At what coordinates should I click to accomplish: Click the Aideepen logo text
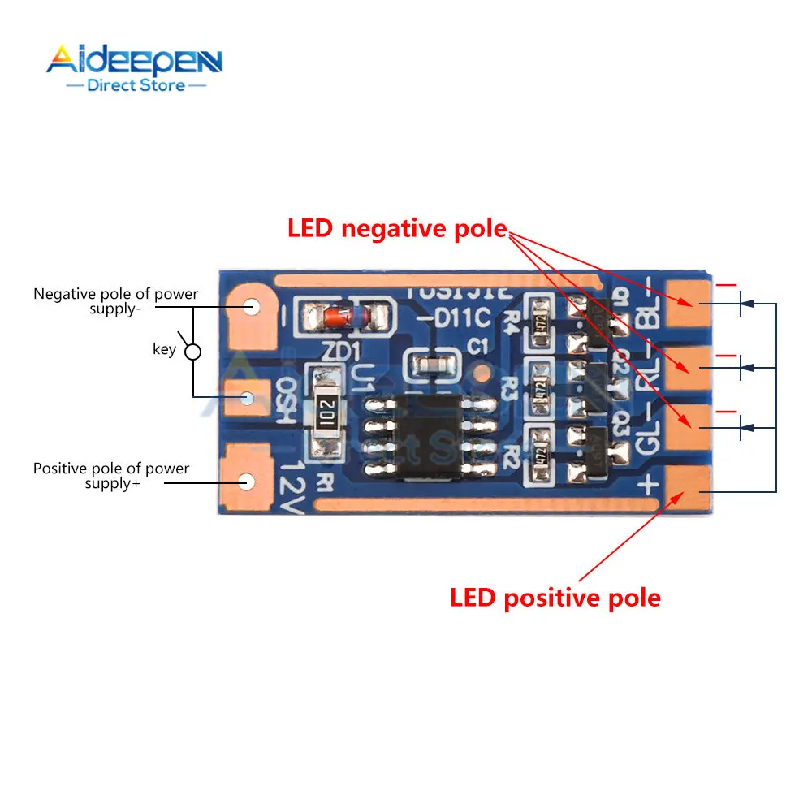point(134,62)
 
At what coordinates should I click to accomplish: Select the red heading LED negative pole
point(397,229)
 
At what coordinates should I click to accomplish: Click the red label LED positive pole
point(555,598)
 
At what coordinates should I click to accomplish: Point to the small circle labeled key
point(193,352)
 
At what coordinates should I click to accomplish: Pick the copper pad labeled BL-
point(687,302)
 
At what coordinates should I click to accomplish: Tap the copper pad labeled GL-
point(687,422)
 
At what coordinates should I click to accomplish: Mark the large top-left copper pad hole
point(251,308)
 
